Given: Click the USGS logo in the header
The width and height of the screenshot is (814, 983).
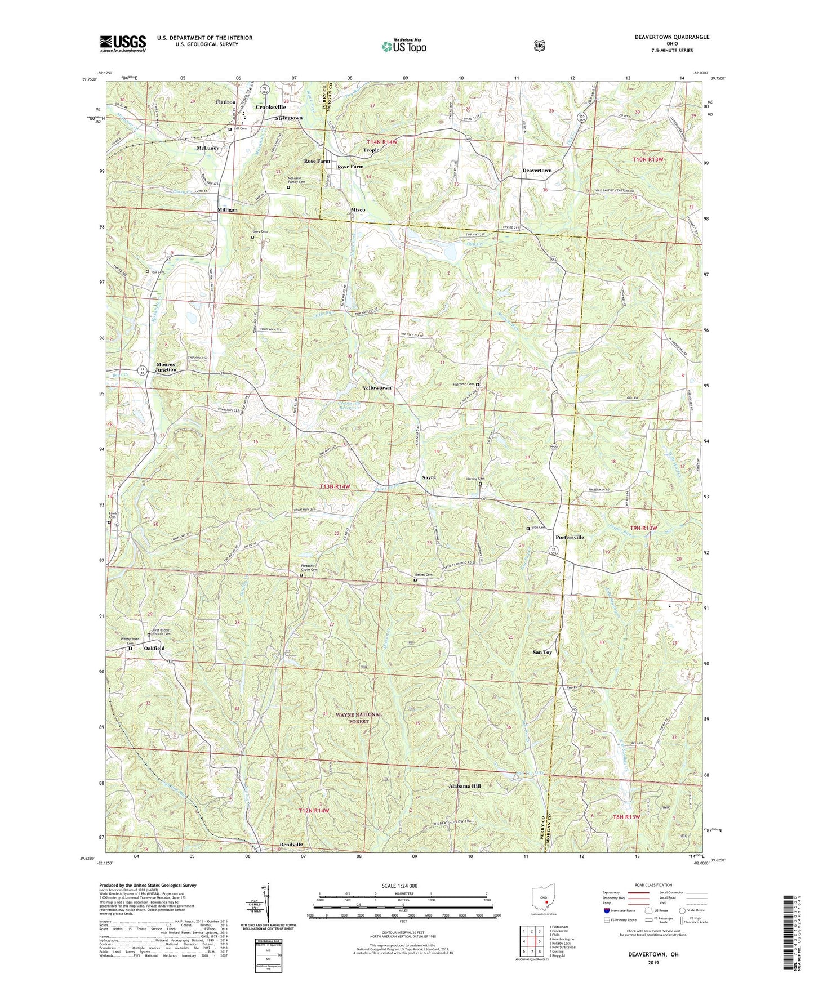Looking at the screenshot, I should tap(123, 43).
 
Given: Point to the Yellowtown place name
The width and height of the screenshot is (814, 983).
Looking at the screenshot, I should tap(376, 388).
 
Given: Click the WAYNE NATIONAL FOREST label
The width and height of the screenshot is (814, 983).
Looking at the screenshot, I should tap(359, 717).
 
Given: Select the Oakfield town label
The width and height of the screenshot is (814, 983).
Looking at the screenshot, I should tap(154, 648).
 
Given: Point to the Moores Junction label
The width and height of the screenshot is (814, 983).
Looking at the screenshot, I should tap(166, 367).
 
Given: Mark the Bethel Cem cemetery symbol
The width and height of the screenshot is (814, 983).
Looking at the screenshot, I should tap(416, 580).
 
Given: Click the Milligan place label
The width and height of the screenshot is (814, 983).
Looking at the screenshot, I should tap(227, 209).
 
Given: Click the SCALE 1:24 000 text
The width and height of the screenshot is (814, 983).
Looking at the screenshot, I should tap(399, 886).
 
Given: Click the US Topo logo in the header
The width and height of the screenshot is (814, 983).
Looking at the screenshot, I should tap(403, 46).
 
